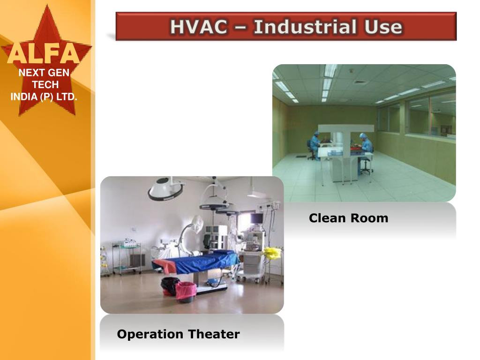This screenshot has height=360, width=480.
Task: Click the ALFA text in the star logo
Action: pyautogui.click(x=43, y=54)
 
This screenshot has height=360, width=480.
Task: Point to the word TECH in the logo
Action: pyautogui.click(x=45, y=85)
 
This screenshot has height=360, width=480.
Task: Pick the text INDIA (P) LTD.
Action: pyautogui.click(x=44, y=97)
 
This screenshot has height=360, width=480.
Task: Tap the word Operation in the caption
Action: pyautogui.click(x=150, y=334)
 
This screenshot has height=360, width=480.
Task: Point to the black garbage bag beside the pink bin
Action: pyautogui.click(x=170, y=286)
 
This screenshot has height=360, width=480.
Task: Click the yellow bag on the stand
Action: pyautogui.click(x=272, y=254)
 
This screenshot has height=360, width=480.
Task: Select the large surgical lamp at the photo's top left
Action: pyautogui.click(x=165, y=189)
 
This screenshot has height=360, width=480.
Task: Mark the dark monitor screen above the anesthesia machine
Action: pyautogui.click(x=256, y=218)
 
